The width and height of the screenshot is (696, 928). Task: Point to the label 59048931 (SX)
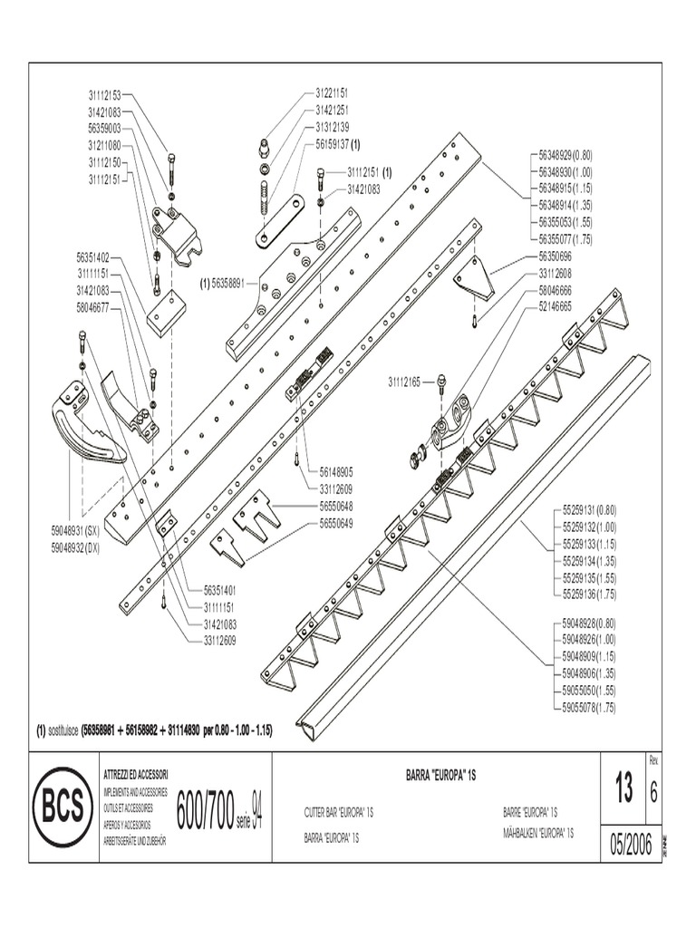click(80, 530)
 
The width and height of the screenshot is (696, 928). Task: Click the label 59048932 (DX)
click(80, 547)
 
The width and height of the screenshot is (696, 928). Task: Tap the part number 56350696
click(555, 257)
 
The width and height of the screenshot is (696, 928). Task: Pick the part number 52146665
click(555, 306)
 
